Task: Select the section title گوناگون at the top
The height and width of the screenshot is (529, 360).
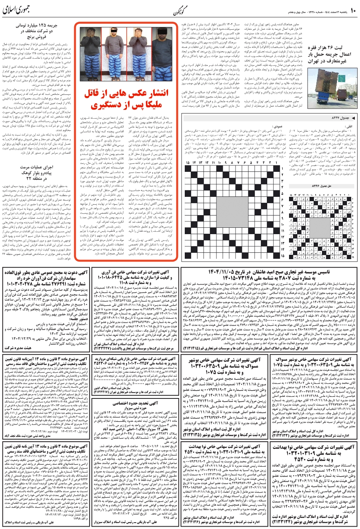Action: click(x=179, y=8)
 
